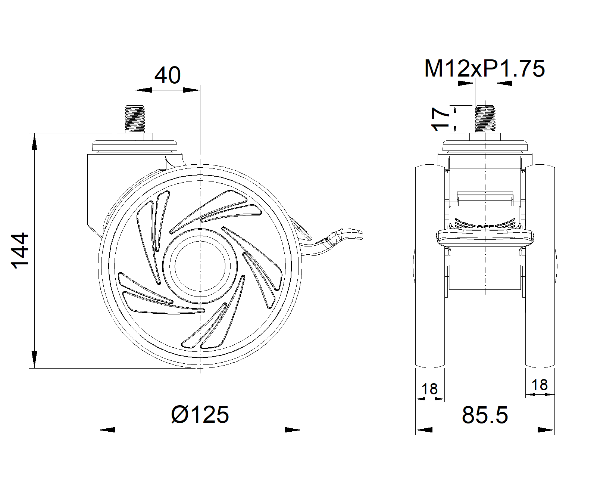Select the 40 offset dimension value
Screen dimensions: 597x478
click(x=167, y=75)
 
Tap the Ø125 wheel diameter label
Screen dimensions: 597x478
click(x=200, y=415)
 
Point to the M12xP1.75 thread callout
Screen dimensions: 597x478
click(x=484, y=68)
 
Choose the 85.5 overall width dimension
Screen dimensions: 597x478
click(x=485, y=415)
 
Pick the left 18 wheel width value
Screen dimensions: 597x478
click(x=429, y=389)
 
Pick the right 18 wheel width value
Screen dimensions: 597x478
click(x=539, y=385)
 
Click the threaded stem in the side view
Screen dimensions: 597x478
click(x=135, y=119)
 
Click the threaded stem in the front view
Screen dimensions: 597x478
click(x=485, y=119)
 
